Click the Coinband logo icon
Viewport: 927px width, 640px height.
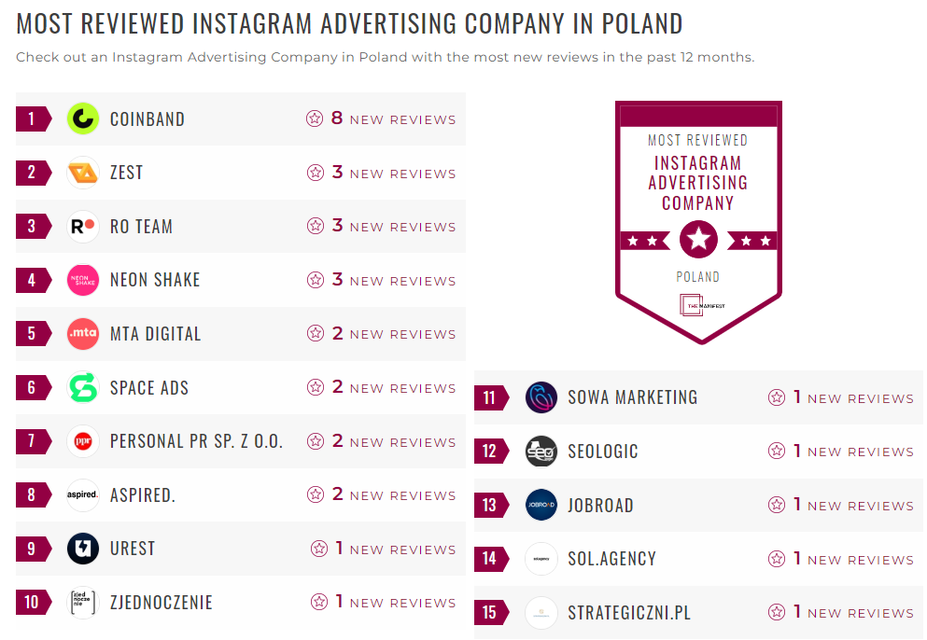coord(83,118)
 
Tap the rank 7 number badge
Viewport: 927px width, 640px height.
coord(32,441)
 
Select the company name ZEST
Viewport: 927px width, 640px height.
coord(126,173)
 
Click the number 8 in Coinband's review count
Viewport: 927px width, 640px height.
coord(337,118)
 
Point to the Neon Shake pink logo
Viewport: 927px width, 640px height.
coord(83,280)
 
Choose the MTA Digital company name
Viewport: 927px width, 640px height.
coord(155,334)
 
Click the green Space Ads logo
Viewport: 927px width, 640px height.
coord(83,387)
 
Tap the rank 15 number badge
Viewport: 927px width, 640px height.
coord(489,613)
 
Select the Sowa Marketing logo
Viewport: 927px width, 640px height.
coord(541,397)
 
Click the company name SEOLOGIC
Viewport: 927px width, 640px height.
coord(603,452)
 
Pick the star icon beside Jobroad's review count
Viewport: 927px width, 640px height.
coord(777,505)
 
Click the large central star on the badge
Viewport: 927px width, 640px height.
coord(698,240)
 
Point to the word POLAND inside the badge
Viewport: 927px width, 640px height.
coord(698,277)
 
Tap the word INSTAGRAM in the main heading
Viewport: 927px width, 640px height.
coord(262,23)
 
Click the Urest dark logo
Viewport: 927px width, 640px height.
coord(83,549)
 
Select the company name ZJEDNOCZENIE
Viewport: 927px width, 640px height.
coord(162,603)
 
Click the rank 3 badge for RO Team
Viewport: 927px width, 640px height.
coord(32,227)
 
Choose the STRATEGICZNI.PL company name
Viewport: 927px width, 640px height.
coord(629,613)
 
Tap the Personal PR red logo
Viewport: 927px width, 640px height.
coord(83,441)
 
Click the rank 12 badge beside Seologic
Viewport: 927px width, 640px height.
coord(489,452)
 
